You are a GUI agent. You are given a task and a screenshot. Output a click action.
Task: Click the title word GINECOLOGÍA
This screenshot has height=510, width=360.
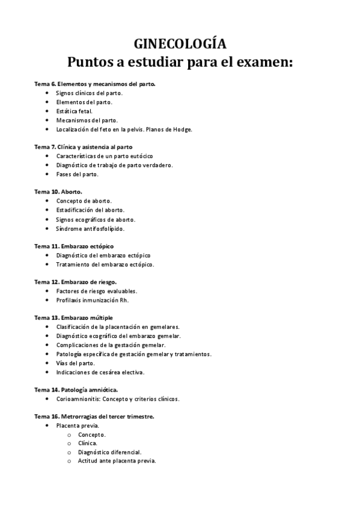(180, 44)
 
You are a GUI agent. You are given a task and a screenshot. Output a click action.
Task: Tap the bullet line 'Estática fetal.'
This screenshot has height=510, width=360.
(75, 111)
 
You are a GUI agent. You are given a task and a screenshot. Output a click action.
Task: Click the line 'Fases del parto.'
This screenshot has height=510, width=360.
(77, 174)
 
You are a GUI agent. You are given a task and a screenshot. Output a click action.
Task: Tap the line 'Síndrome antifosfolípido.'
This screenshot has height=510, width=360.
(90, 229)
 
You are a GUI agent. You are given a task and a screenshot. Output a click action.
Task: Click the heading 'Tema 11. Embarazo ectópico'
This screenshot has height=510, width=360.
(74, 246)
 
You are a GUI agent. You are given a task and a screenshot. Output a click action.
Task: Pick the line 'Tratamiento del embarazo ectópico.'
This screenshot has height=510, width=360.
(105, 264)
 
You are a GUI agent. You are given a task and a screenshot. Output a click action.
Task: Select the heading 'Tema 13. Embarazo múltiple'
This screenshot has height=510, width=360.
(73, 318)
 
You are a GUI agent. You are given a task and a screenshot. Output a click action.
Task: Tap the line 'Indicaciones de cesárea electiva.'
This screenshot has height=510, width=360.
(100, 372)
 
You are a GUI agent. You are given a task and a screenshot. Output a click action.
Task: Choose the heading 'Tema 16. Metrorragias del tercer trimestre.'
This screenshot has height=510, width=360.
(94, 416)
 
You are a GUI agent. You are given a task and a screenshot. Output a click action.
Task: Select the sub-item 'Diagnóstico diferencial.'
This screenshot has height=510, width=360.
(109, 452)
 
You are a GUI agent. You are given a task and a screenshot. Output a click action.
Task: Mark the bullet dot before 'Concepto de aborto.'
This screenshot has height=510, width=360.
(47, 201)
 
